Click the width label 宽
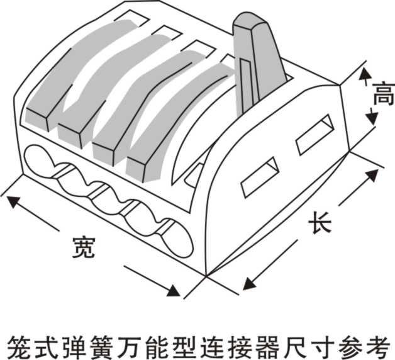tap(83, 247)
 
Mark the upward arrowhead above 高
tap(363, 74)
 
